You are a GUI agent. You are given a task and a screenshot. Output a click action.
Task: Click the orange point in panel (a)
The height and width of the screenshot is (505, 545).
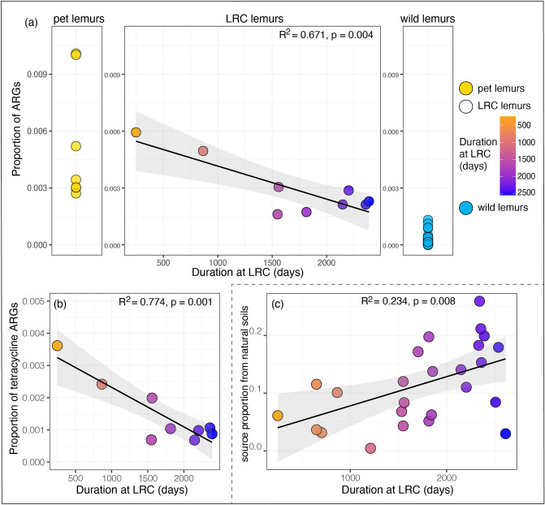coord(136,132)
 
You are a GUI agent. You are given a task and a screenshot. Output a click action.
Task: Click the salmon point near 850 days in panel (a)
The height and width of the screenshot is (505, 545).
coord(203,151)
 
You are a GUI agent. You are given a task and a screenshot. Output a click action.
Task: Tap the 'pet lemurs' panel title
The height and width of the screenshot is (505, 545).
coord(76,16)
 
